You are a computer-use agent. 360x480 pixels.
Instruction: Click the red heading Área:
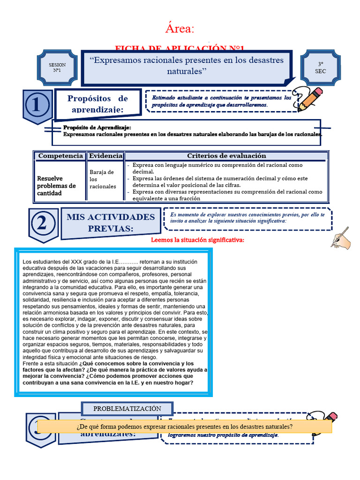click(x=180, y=29)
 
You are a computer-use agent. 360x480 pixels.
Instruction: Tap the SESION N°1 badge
click(x=57, y=67)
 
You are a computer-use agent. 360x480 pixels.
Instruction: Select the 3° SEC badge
click(x=320, y=67)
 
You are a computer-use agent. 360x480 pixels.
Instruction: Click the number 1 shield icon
click(x=37, y=106)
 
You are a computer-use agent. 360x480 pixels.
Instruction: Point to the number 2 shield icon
click(x=43, y=224)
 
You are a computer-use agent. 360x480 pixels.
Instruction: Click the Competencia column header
click(x=60, y=156)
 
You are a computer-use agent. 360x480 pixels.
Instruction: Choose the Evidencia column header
click(x=105, y=156)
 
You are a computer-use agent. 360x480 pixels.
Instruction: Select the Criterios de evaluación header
click(x=226, y=156)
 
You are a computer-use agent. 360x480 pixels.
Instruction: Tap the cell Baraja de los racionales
click(x=102, y=179)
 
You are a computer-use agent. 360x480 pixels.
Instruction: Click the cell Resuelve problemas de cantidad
click(x=57, y=186)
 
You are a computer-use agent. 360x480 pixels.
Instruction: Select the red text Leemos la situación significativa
click(x=197, y=240)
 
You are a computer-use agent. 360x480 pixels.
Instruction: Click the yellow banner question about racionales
click(x=184, y=427)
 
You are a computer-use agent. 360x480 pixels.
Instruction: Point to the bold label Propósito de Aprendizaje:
click(x=97, y=127)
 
